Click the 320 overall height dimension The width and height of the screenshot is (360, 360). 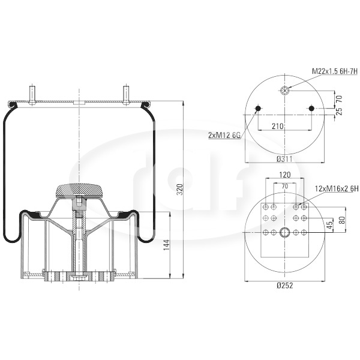coord(180,190)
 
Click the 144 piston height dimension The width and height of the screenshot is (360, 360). coord(166,245)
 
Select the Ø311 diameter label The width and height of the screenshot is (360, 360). coord(284,158)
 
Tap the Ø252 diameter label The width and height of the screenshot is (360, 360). coord(284,286)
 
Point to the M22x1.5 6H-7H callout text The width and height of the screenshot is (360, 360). coord(335,71)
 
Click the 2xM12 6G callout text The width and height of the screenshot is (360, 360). coord(224,136)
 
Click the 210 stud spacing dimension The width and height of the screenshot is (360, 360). coord(278,126)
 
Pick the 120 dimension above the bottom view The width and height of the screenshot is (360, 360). coord(284,175)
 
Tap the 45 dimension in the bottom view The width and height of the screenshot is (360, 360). coord(329,225)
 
